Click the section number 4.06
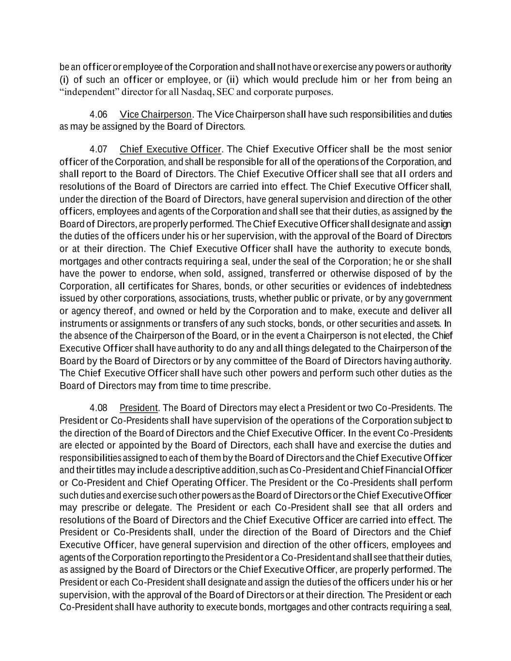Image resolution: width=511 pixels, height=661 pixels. click(98, 115)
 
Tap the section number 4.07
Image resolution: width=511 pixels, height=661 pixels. click(98, 149)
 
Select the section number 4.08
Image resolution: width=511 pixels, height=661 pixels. click(98, 408)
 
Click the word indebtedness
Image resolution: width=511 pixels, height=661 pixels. click(426, 286)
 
